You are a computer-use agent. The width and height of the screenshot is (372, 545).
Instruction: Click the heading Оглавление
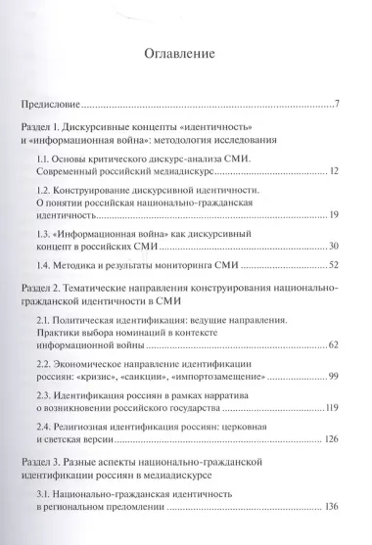point(185,53)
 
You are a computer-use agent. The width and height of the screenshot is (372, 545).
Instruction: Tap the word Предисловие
point(57,104)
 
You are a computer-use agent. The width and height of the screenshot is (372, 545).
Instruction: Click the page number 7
point(336,104)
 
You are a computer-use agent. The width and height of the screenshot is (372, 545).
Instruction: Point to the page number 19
point(333,213)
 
